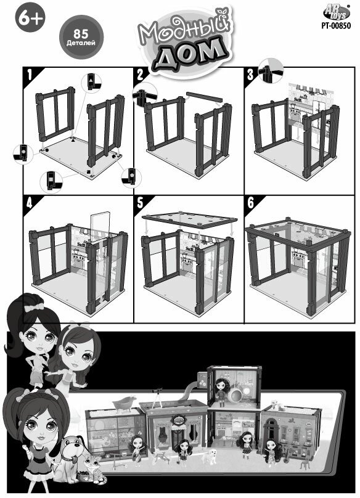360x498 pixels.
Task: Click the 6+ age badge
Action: pyautogui.click(x=30, y=18)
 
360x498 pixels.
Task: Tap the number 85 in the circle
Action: pyautogui.click(x=81, y=35)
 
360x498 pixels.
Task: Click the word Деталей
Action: pyautogui.click(x=81, y=43)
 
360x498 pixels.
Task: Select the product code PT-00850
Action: pyautogui.click(x=336, y=25)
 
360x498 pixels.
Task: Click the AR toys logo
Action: pyautogui.click(x=337, y=13)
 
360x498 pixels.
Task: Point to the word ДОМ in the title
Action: pyautogui.click(x=190, y=55)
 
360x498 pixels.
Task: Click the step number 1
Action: pyautogui.click(x=30, y=75)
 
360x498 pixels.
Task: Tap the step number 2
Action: pyautogui.click(x=140, y=75)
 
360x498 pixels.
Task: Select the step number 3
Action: pyautogui.click(x=250, y=75)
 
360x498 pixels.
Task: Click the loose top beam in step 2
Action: pyautogui.click(x=204, y=97)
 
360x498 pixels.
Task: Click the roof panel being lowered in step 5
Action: pyautogui.click(x=190, y=219)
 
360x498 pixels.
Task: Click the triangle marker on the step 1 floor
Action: pyautogui.click(x=74, y=139)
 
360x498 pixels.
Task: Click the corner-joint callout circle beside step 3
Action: pyautogui.click(x=271, y=70)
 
